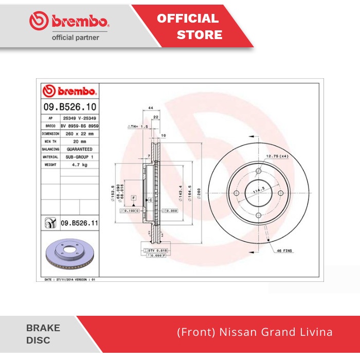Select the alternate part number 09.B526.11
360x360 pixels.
point(79,223)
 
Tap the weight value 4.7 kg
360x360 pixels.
point(79,165)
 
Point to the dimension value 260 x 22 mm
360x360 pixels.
point(79,133)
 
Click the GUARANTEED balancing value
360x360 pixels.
point(79,149)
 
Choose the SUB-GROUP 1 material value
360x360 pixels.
point(79,156)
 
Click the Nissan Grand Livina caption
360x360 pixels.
point(255,332)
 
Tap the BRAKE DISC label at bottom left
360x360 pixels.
point(43,334)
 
